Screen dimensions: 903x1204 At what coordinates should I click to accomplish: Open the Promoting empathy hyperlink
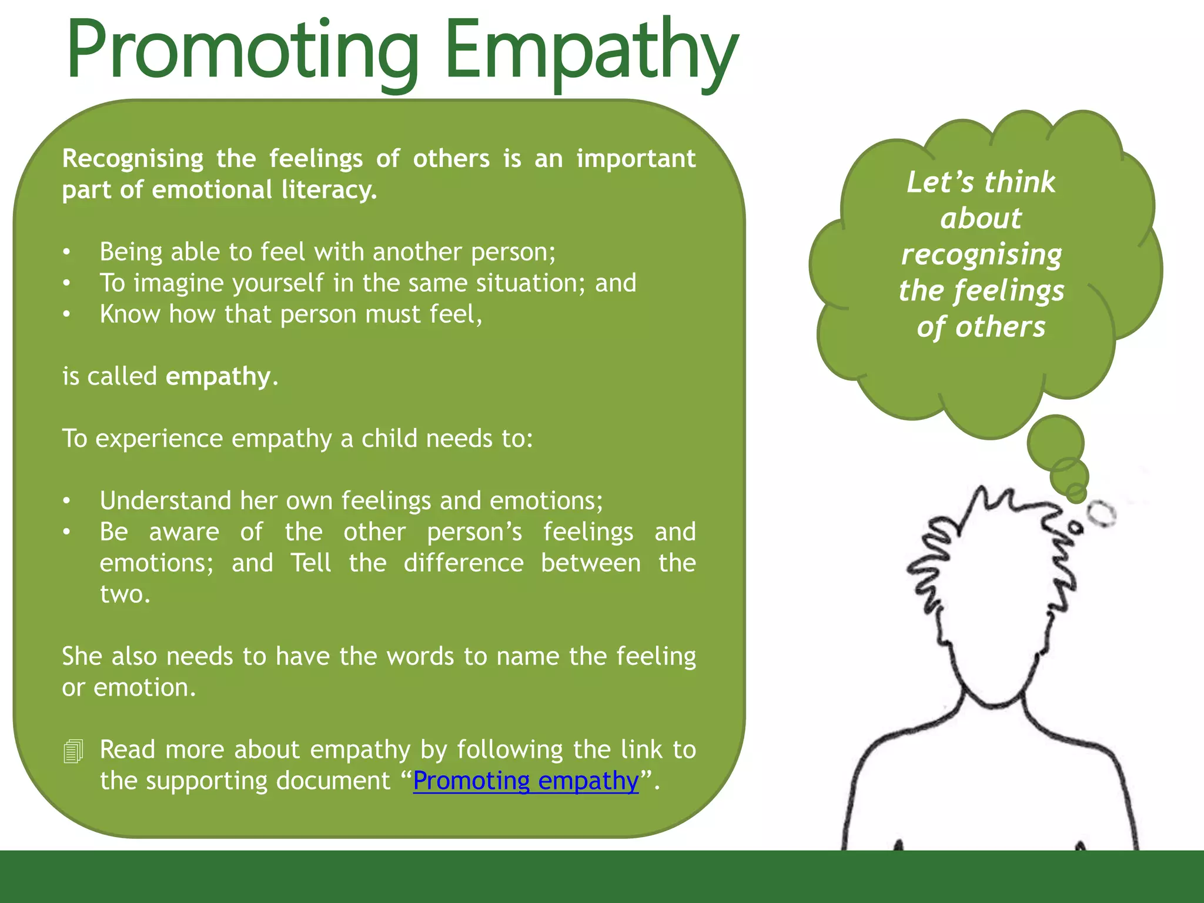point(526,781)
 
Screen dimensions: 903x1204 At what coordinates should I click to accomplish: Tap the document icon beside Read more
point(73,751)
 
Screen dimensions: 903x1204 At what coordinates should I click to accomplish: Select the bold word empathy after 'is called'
point(218,376)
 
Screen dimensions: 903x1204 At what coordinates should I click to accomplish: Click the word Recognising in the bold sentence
point(133,159)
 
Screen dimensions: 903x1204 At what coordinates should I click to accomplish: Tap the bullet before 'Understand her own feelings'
point(67,501)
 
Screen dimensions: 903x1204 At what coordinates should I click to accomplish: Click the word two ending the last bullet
point(125,594)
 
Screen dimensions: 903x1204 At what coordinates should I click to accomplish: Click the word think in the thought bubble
point(1019,182)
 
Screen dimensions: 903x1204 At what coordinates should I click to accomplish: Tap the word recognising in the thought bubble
point(981,255)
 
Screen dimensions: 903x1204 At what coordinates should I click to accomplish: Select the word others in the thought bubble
point(1000,327)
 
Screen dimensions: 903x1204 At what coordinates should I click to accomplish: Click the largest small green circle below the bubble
point(1056,443)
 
